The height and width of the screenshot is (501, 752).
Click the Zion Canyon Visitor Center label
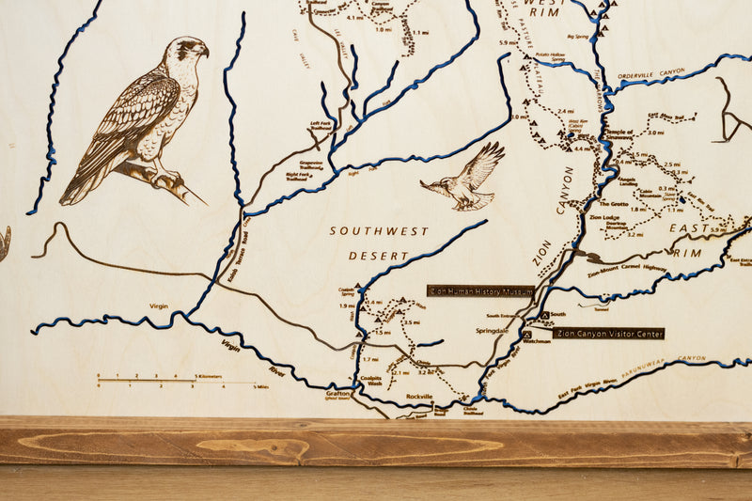click(608, 333)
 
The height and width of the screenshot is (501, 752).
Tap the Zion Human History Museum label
click(480, 291)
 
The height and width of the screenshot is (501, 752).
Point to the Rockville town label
click(419, 397)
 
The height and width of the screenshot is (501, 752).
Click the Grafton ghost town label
click(337, 393)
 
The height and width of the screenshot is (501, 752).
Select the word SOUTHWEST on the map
click(379, 230)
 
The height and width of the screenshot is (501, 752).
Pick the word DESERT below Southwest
click(379, 256)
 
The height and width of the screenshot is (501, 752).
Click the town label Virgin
click(158, 305)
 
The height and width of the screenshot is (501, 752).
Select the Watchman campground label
click(537, 341)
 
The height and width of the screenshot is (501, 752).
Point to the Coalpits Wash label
click(368, 382)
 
